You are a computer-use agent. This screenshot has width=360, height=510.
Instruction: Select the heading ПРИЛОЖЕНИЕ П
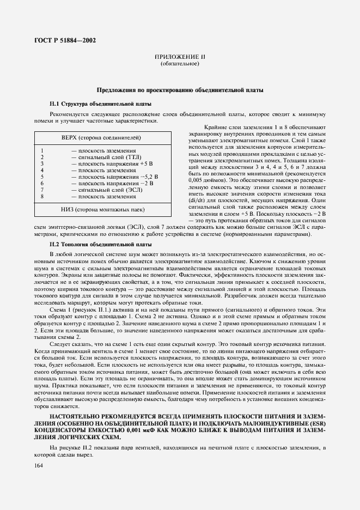click(x=180, y=57)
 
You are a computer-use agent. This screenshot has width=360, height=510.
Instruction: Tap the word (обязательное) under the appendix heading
click(x=180, y=64)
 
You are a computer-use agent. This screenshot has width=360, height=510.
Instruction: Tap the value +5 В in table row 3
click(x=146, y=163)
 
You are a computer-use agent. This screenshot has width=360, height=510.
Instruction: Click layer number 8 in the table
click(x=42, y=196)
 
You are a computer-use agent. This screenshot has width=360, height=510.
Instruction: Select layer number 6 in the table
click(x=42, y=183)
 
